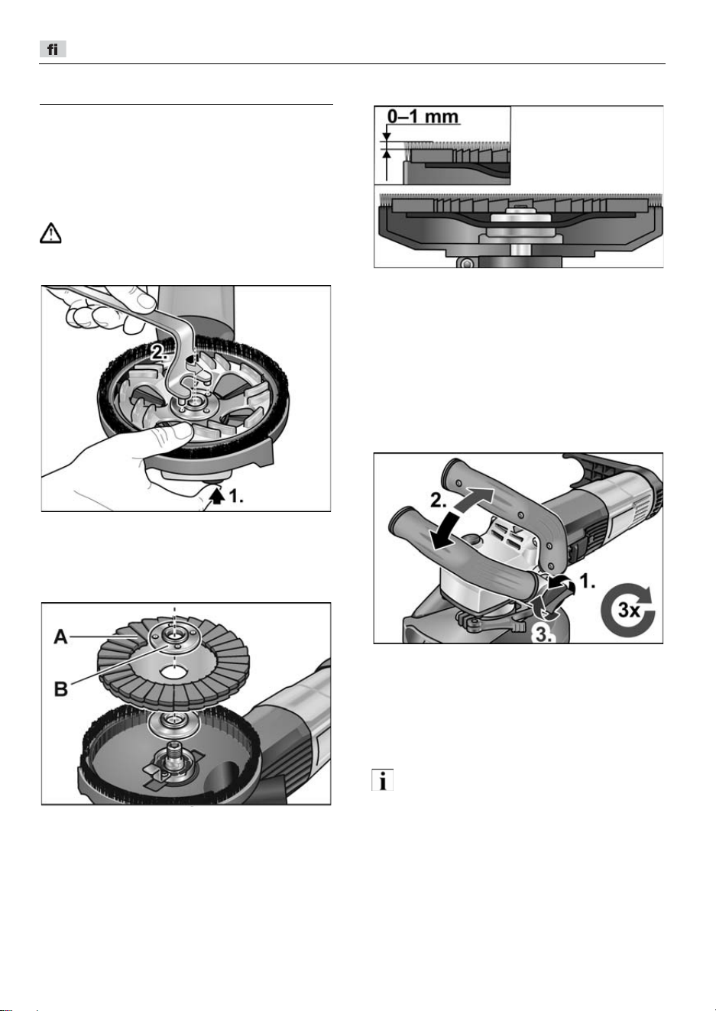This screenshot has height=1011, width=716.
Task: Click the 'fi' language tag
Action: pyautogui.click(x=53, y=49)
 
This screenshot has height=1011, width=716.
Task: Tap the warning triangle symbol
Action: pyautogui.click(x=50, y=233)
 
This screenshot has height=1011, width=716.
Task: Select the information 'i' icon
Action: pyautogui.click(x=382, y=779)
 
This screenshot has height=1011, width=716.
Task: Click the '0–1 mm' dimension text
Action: pyautogui.click(x=423, y=116)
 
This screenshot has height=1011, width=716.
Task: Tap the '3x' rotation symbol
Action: pyautogui.click(x=628, y=611)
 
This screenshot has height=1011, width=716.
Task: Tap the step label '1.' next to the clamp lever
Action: pyautogui.click(x=587, y=582)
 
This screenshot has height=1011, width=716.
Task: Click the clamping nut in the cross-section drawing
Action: pyautogui.click(x=520, y=215)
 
